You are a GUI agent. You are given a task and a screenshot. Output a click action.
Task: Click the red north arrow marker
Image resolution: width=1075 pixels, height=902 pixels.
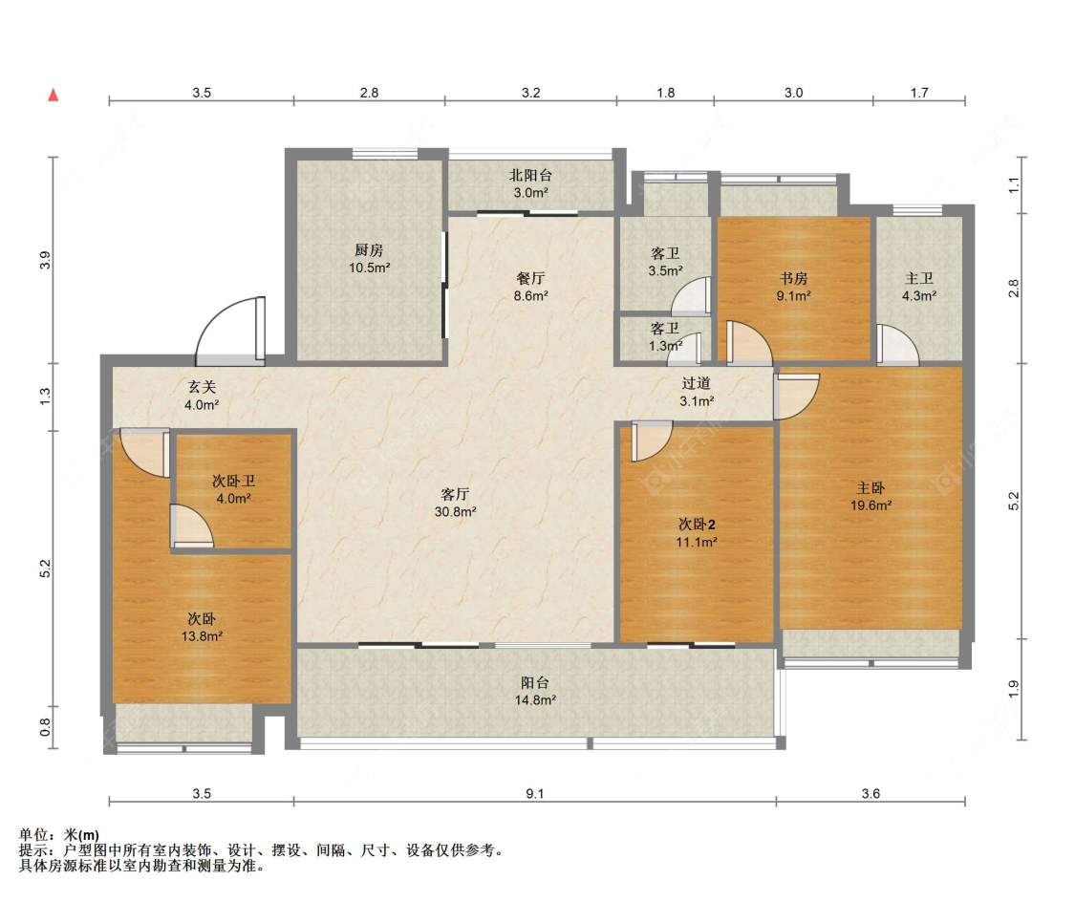pyautogui.click(x=53, y=95)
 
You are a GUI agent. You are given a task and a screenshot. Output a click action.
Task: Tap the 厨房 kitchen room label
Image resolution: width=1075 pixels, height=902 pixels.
pyautogui.click(x=369, y=250)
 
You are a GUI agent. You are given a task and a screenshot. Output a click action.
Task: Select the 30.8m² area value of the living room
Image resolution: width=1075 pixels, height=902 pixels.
pyautogui.click(x=455, y=511)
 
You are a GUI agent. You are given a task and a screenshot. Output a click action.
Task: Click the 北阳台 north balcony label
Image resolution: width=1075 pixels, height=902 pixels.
pyautogui.click(x=530, y=176)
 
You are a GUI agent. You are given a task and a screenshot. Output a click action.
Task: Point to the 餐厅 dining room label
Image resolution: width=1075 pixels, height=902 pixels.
pyautogui.click(x=530, y=278)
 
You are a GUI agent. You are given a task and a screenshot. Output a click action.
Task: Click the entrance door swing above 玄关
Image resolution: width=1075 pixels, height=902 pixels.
pyautogui.click(x=230, y=329)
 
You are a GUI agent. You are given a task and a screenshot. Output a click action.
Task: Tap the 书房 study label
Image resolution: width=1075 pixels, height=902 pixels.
pyautogui.click(x=793, y=278)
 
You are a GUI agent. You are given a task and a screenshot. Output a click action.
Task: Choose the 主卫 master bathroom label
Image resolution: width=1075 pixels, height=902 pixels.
pyautogui.click(x=918, y=278)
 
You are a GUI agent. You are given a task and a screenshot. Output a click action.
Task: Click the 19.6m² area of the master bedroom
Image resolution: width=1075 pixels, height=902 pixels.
pyautogui.click(x=871, y=505)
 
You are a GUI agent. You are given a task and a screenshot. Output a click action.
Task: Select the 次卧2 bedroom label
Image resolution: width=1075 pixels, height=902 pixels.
pyautogui.click(x=697, y=525)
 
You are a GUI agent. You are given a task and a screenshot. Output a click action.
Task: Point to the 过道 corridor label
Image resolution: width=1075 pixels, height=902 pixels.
pyautogui.click(x=697, y=384)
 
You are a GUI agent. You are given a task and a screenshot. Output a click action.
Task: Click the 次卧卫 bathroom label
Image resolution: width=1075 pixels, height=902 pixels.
pyautogui.click(x=233, y=482)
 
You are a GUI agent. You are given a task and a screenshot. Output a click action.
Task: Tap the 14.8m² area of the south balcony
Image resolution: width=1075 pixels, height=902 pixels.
pyautogui.click(x=535, y=699)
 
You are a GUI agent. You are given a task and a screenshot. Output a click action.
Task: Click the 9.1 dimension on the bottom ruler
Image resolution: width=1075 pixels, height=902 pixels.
pyautogui.click(x=535, y=794)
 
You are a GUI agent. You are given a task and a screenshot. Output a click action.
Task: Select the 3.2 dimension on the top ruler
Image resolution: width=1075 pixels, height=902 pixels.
pyautogui.click(x=530, y=93)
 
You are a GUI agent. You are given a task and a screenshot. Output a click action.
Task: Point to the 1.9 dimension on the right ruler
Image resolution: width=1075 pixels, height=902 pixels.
pyautogui.click(x=1014, y=688)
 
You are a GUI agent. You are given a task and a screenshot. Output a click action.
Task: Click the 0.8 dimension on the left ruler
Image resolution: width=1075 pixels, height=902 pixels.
pyautogui.click(x=45, y=726)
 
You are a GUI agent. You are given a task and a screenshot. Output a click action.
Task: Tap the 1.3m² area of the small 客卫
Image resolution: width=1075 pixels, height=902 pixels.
pyautogui.click(x=665, y=346)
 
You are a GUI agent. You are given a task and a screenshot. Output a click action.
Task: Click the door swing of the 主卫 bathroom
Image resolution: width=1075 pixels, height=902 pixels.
pyautogui.click(x=897, y=344)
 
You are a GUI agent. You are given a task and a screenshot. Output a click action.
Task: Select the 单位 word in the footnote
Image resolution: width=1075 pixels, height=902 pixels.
pyautogui.click(x=33, y=835)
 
